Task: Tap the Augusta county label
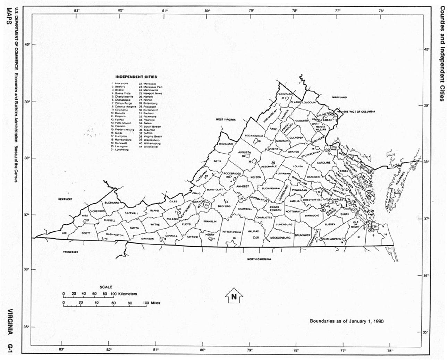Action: [x=244, y=152]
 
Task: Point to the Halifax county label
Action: [x=253, y=231]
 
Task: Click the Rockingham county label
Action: [x=255, y=136]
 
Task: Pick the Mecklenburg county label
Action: [x=280, y=238]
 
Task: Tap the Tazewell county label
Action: [x=132, y=213]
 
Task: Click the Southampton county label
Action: [x=332, y=239]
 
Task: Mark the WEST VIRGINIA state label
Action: [x=226, y=119]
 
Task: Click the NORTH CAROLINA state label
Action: [x=259, y=259]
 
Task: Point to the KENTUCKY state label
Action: [x=65, y=199]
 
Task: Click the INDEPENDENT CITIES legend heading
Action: [x=136, y=77]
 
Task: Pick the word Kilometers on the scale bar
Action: [x=127, y=294]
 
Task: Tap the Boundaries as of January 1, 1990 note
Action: [x=346, y=321]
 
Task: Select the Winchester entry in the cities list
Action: [x=150, y=147]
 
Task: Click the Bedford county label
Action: [x=224, y=206]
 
